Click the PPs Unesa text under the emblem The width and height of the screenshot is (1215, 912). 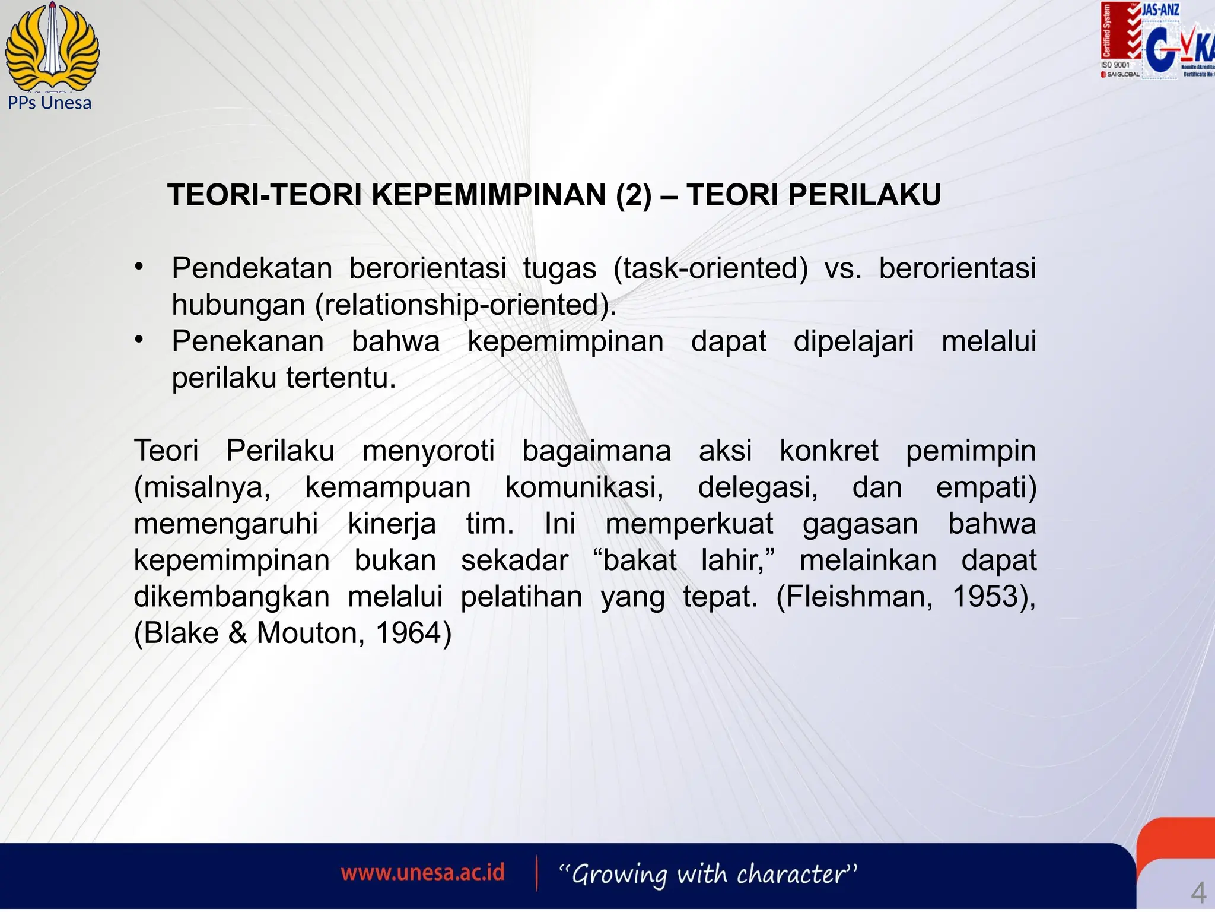pyautogui.click(x=50, y=103)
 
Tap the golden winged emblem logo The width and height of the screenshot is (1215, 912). pyautogui.click(x=52, y=46)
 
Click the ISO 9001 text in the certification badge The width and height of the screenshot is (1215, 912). pyautogui.click(x=1115, y=65)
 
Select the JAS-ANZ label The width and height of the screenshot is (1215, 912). pyautogui.click(x=1160, y=9)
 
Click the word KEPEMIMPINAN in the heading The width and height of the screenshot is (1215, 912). pyautogui.click(x=489, y=195)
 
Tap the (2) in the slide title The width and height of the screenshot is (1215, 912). pyautogui.click(x=634, y=195)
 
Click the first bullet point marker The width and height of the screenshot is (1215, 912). pyautogui.click(x=139, y=267)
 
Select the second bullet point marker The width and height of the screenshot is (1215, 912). pyautogui.click(x=139, y=340)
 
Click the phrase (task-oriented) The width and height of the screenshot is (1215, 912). pyautogui.click(x=711, y=268)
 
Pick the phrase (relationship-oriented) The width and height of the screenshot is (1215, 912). pyautogui.click(x=466, y=305)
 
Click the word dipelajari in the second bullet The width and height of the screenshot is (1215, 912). pyautogui.click(x=854, y=341)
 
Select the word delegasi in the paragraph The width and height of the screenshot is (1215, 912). pyautogui.click(x=758, y=487)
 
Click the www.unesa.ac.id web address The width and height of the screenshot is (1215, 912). pyautogui.click(x=422, y=873)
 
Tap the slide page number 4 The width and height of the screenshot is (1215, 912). pyautogui.click(x=1198, y=892)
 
